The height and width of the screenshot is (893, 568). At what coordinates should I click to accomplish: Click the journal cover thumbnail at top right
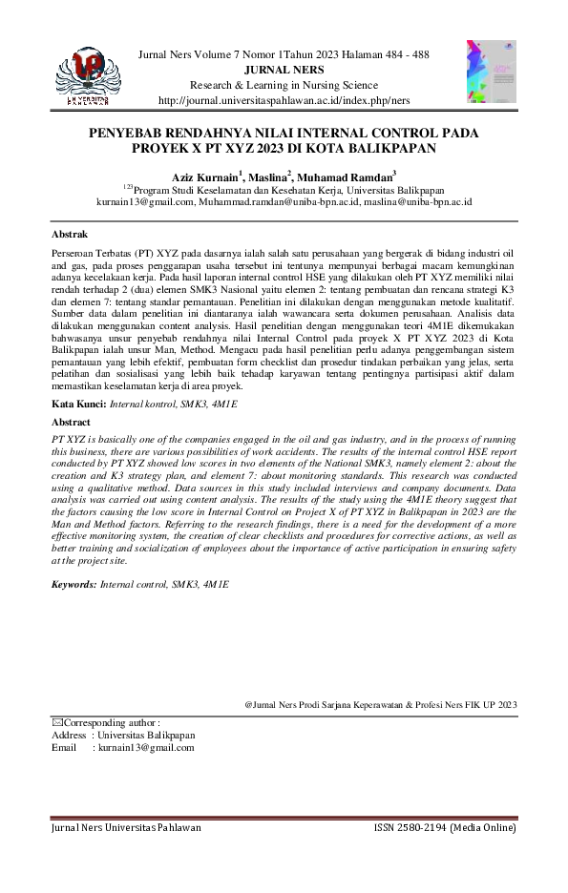491,71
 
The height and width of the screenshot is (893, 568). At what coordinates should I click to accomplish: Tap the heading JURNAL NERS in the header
284,70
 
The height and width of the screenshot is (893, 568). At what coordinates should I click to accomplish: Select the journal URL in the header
284,99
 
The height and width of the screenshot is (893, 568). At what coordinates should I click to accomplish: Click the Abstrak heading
70,234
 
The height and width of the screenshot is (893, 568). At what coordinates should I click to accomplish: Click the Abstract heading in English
72,421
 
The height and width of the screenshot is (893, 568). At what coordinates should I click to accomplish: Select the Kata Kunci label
79,405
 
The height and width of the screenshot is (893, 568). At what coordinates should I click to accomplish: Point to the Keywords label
74,582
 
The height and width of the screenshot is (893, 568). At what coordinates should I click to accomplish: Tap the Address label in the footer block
69,736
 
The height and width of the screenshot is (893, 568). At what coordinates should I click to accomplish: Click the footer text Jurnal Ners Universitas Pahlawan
126,828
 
